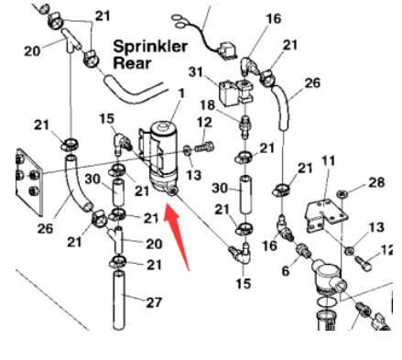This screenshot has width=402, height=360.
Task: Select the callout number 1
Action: pyautogui.click(x=181, y=92)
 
